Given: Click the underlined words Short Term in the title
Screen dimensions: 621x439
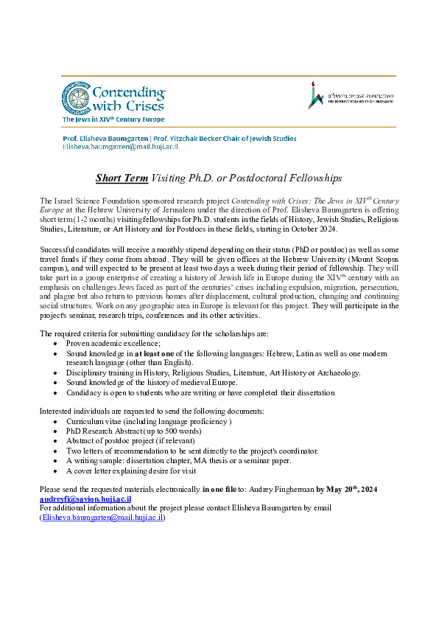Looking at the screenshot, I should [x=122, y=178].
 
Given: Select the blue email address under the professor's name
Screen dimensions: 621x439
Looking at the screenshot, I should [x=120, y=147].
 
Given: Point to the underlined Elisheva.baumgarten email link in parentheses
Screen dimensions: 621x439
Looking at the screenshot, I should [x=102, y=517].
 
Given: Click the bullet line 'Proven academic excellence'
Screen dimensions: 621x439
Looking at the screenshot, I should [x=113, y=344].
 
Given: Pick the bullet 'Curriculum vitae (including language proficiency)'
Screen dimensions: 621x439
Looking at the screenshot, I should [x=149, y=421].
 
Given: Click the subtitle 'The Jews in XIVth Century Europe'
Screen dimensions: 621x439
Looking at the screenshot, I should [x=113, y=119].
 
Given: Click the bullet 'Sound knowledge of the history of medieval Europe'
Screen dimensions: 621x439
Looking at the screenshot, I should [x=152, y=383].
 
